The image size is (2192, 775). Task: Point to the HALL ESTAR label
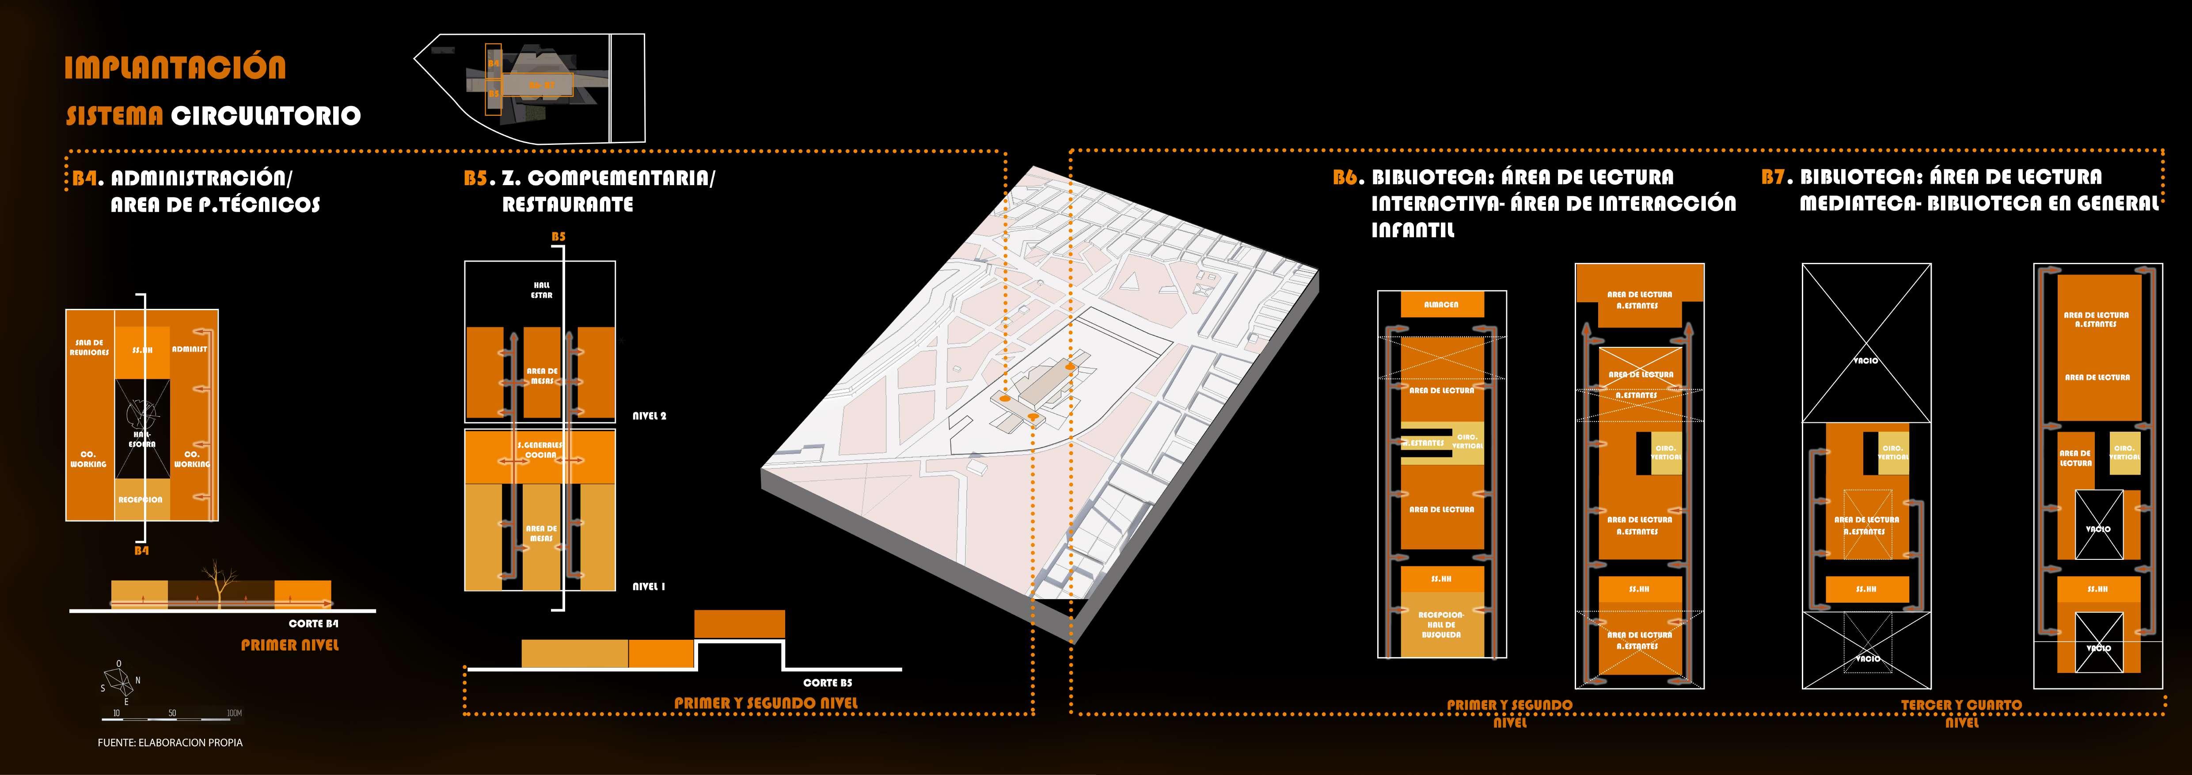[541, 290]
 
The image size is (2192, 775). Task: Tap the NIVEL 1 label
[649, 587]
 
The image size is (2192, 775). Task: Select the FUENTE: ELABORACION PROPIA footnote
[170, 743]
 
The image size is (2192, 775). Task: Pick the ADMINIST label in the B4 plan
[189, 349]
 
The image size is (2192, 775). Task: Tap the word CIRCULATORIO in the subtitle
[266, 116]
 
